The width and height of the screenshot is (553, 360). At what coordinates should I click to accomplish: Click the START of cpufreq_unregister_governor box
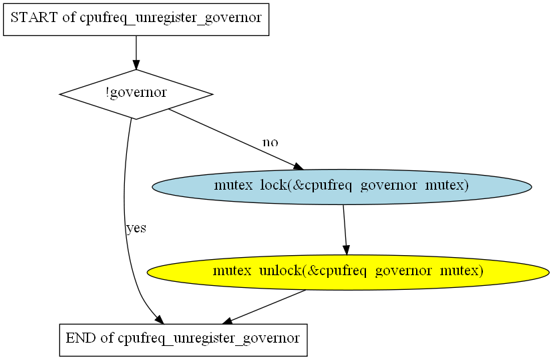(136, 19)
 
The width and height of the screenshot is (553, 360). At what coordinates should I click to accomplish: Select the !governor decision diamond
(136, 94)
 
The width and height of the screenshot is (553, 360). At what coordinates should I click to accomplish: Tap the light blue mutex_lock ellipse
(342, 186)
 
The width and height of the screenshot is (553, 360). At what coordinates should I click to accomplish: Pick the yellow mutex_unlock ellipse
(348, 273)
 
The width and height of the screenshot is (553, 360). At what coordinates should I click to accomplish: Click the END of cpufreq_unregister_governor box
(184, 340)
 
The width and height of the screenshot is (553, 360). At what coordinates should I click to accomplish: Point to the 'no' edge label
(270, 142)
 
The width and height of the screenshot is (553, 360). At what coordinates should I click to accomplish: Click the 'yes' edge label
(136, 228)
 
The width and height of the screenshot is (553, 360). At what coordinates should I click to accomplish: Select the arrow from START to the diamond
(136, 53)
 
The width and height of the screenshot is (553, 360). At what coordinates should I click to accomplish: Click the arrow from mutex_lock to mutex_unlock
(345, 230)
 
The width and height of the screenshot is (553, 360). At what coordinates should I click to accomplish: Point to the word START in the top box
(34, 17)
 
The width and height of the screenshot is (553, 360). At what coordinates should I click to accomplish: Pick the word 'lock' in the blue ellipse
(274, 185)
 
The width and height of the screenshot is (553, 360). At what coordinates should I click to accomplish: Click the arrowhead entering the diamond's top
(136, 65)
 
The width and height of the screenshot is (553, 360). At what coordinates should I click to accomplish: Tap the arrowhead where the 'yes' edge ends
(160, 319)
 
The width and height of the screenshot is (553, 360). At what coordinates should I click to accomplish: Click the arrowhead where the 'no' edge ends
(299, 166)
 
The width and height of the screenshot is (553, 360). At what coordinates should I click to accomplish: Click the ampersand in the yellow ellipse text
(312, 271)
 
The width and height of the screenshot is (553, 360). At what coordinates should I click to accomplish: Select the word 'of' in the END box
(107, 338)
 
